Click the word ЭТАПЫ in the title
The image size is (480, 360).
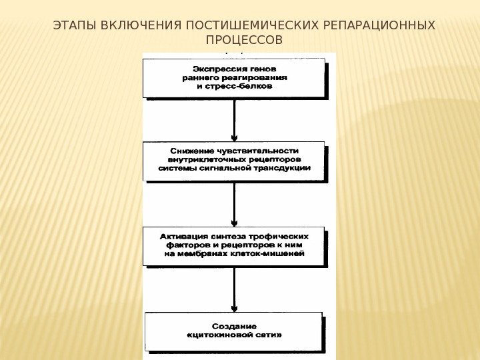(72, 26)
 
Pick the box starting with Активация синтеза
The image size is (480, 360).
(234, 245)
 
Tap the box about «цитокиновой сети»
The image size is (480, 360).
(234, 331)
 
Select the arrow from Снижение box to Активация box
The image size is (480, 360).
(235, 204)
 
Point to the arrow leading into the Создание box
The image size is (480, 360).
(235, 289)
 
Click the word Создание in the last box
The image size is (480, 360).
(234, 326)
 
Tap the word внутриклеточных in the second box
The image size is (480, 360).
(204, 160)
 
